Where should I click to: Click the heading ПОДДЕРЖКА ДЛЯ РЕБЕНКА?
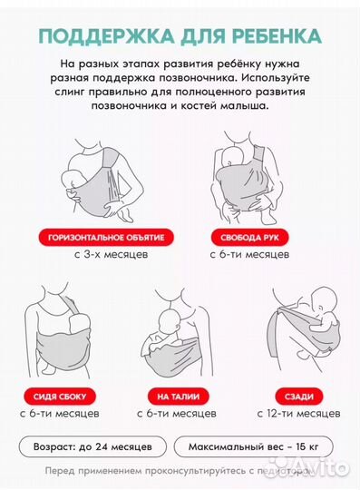pyautogui.click(x=180, y=36)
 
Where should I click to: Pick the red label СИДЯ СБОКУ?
pyautogui.click(x=61, y=397)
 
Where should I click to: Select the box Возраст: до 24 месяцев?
pyautogui.click(x=100, y=447)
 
